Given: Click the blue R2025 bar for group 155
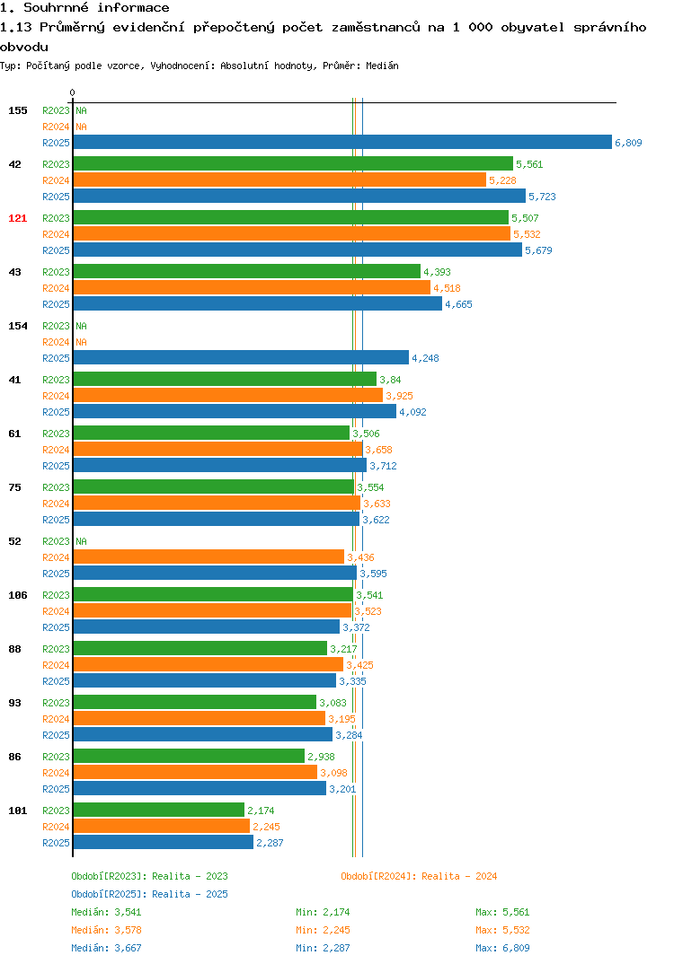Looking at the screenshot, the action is tap(342, 142).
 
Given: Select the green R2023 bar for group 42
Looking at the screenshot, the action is tap(293, 163).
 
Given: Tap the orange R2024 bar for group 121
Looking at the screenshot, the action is tap(292, 233).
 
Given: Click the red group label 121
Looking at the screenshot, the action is tap(18, 218).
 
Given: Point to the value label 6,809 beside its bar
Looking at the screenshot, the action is tap(628, 143).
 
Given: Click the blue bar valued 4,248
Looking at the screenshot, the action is tap(241, 357).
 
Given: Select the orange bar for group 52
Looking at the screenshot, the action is tap(208, 556).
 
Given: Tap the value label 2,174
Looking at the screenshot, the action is tap(261, 811).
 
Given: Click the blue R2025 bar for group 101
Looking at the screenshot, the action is tap(164, 842).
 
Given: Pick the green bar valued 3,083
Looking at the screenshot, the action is tap(194, 702).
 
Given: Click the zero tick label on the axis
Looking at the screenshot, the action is tap(73, 92).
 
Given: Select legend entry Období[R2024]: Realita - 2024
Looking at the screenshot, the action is tap(419, 876).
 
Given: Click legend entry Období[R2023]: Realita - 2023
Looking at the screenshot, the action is tap(149, 876).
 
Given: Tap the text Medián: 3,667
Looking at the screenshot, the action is tap(106, 948).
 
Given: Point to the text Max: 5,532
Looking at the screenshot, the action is tap(502, 930).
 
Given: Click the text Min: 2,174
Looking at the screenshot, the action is tap(323, 912).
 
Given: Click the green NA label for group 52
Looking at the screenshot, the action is tap(81, 541).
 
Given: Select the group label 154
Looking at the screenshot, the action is tap(18, 326).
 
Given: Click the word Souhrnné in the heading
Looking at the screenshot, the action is tap(56, 8).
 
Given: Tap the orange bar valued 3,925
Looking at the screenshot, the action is tap(227, 395).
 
